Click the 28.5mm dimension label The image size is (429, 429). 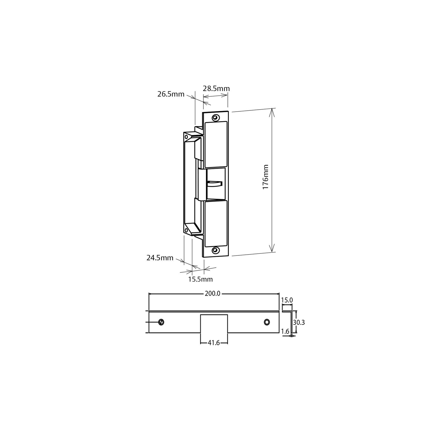point(216,89)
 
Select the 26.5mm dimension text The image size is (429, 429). point(171,94)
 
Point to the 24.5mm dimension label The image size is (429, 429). point(160,258)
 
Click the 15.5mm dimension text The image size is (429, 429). point(200,279)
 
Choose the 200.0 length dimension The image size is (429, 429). point(212,294)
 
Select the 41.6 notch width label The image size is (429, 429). point(214,343)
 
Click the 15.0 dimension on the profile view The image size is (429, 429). point(287,300)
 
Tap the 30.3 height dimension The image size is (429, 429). point(299,323)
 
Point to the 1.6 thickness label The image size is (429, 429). point(285,331)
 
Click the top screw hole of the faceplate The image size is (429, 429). point(216,118)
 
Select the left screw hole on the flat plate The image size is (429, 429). point(161,322)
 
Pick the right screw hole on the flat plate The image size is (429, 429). point(267,322)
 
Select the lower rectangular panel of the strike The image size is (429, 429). point(216,223)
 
